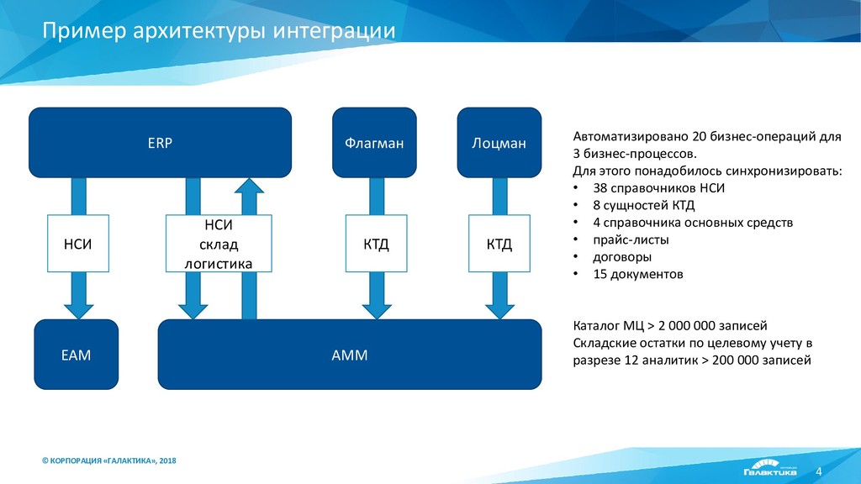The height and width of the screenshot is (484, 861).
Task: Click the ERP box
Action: click(160, 143)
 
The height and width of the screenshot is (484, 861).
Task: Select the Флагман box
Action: click(373, 143)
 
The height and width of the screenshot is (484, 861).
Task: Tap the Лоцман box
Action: click(499, 143)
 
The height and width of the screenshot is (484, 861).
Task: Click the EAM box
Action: click(76, 355)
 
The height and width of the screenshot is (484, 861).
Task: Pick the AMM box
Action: click(350, 355)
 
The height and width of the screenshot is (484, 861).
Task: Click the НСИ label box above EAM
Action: click(77, 244)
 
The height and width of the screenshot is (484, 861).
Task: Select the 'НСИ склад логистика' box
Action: click(219, 244)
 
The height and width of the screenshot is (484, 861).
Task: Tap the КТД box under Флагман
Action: click(376, 244)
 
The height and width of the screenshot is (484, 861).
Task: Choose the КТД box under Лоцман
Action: click(499, 244)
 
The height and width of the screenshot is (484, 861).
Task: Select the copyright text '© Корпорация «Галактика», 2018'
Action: click(109, 460)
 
